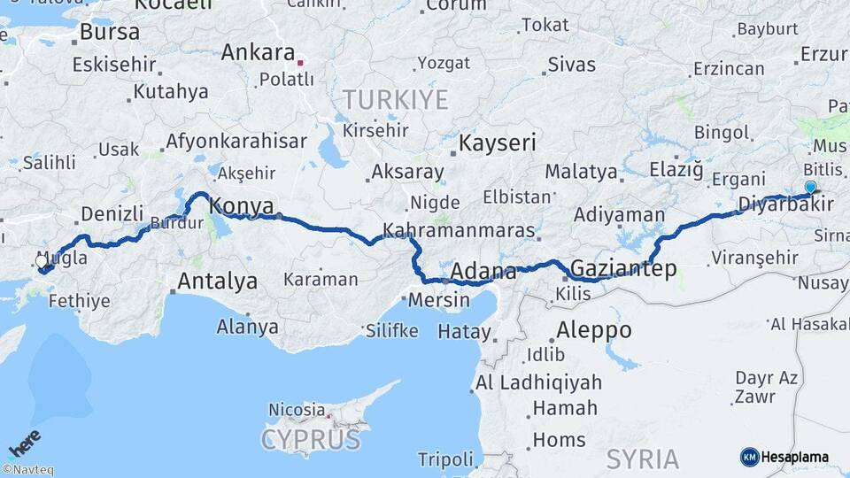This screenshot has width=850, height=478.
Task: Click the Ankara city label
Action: tap(257, 52)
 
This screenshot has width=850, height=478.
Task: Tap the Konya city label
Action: tap(242, 206)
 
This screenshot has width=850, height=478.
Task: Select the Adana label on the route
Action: tap(483, 271)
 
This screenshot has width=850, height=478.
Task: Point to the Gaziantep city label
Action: tap(624, 267)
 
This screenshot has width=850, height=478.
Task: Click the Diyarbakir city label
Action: tap(785, 204)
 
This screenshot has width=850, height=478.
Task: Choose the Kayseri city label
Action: tap(498, 143)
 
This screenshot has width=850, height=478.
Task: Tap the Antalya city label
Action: tap(218, 281)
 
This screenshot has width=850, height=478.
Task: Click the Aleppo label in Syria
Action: tap(593, 331)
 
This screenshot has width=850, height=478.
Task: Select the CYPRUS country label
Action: tap(311, 439)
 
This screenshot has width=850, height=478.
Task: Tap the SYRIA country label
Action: tap(643, 459)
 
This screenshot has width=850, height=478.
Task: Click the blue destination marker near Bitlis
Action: tap(810, 187)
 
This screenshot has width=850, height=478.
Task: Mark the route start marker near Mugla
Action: tap(42, 262)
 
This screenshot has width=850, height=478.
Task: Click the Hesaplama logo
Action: tap(784, 457)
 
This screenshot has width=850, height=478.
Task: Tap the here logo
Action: tap(25, 443)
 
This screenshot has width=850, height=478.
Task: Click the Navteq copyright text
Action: tap(27, 470)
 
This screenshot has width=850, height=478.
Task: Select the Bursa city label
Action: tap(110, 32)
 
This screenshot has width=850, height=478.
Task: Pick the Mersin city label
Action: tap(438, 300)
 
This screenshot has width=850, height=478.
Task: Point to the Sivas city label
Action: tap(571, 64)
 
